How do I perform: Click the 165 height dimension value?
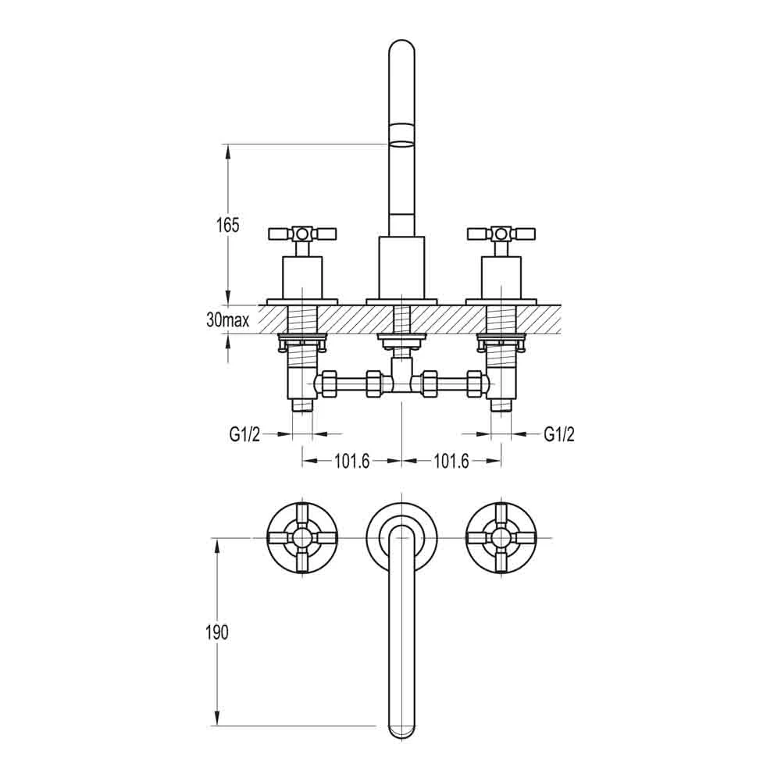(227, 226)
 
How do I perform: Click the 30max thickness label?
(226, 320)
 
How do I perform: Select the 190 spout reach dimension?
(218, 633)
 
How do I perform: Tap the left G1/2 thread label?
(244, 435)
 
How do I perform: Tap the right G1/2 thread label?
(558, 435)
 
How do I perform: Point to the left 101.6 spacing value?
(351, 462)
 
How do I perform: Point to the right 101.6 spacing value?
(451, 462)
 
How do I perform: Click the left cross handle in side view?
(302, 234)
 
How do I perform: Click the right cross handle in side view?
(501, 234)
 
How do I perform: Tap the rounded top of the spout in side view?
(401, 51)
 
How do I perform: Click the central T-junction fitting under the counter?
(401, 383)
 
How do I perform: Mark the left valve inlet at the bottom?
(302, 405)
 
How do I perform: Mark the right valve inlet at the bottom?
(501, 405)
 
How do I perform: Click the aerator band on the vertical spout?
(401, 134)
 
